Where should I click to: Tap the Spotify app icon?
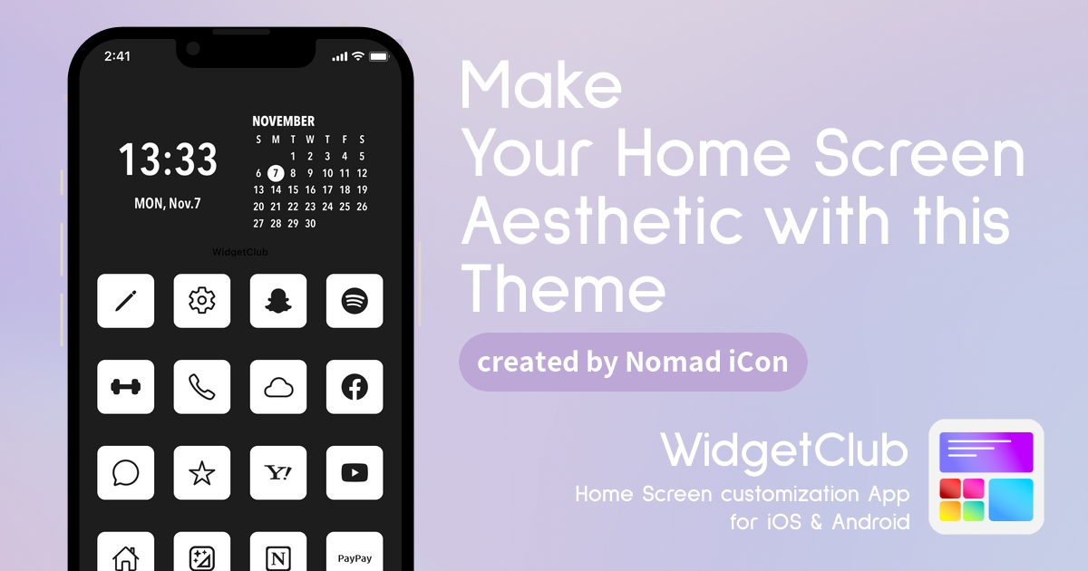coord(355,301)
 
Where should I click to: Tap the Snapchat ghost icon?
coord(278,301)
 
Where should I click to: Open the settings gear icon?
coord(202,301)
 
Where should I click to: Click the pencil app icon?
coord(126,301)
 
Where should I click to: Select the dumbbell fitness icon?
coord(126,387)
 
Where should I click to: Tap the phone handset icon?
coord(202,387)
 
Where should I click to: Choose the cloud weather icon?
coord(278,387)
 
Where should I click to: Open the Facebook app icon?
coord(355,387)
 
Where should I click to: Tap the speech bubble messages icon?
coord(126,473)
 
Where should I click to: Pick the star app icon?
coord(202,473)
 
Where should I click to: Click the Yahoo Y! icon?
coord(278,473)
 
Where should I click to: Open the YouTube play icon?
coord(355,473)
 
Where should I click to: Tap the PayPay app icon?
coord(355,553)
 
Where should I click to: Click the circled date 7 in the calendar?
coord(276,173)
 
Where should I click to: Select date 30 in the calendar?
coord(310,223)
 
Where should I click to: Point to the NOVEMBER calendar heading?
coord(283,121)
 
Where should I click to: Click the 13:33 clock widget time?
coord(168,160)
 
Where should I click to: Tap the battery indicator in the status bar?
coord(379,57)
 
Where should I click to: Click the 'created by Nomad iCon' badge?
coord(633,362)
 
